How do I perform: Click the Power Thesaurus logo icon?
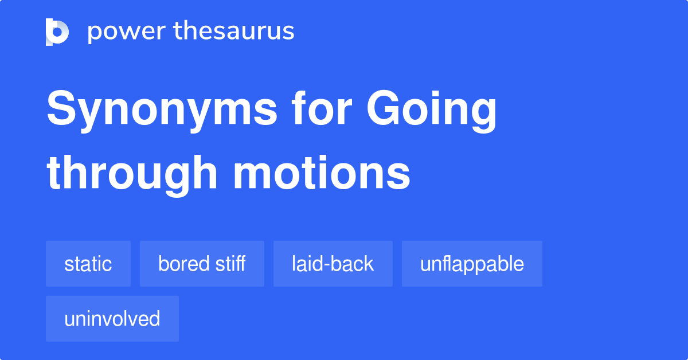[57, 32]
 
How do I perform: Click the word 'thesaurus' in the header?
[234, 32]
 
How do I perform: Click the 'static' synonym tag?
[88, 264]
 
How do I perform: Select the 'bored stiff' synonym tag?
[202, 264]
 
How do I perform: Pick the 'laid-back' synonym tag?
[333, 264]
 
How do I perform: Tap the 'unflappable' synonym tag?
[472, 264]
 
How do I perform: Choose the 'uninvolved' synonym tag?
[112, 319]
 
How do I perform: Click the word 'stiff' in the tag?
[230, 264]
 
